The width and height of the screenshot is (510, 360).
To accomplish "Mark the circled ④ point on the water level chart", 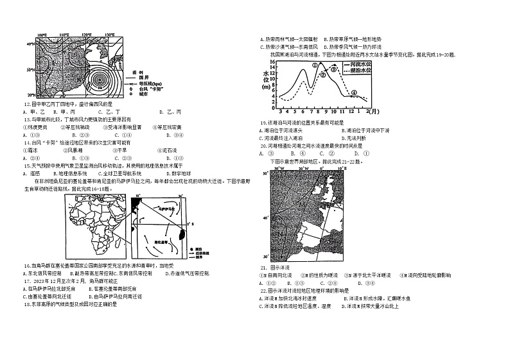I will tap(354, 92).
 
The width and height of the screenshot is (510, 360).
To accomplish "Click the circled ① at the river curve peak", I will tap(315, 65).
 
